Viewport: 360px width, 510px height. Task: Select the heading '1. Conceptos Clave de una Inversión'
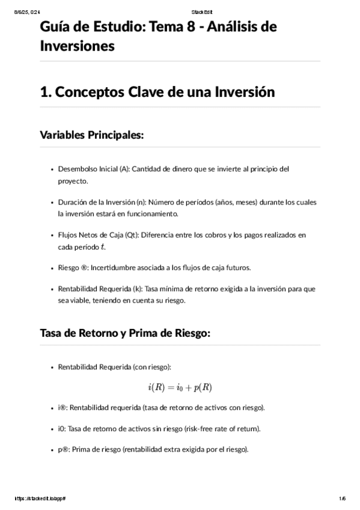pyautogui.click(x=157, y=92)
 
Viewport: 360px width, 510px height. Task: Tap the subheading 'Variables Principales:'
pyautogui.click(x=92, y=135)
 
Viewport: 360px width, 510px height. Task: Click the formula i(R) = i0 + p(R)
pyautogui.click(x=180, y=387)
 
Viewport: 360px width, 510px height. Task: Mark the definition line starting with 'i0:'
pyautogui.click(x=159, y=428)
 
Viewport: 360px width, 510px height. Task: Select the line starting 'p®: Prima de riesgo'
pyautogui.click(x=153, y=449)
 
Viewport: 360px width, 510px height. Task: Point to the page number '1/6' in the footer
pyautogui.click(x=342, y=499)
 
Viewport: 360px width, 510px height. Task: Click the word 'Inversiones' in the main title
pyautogui.click(x=77, y=46)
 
